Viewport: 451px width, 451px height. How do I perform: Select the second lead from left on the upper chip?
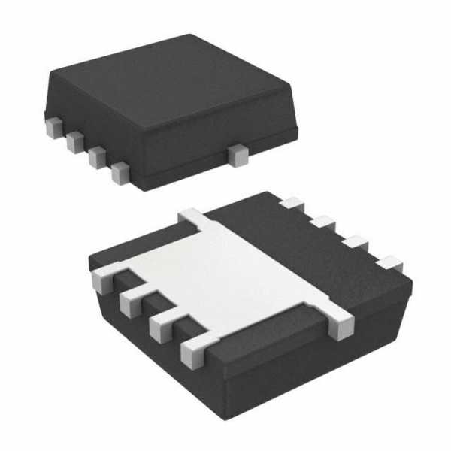coord(74,141)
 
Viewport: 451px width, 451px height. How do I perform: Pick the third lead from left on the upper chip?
coord(96,157)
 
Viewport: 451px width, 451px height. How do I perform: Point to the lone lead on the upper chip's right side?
coord(239,156)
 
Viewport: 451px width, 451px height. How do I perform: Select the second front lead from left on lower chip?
coord(131,304)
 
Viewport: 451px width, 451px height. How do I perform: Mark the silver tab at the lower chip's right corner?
coord(340,323)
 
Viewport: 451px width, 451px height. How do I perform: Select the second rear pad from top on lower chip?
coord(323,222)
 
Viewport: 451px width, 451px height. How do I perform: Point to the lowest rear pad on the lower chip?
coord(389,263)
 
